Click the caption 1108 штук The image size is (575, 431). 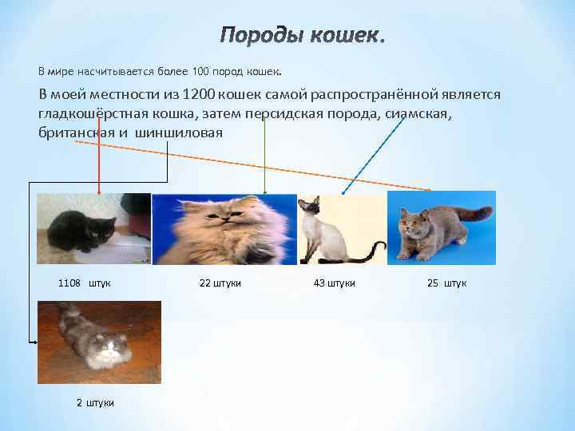[85, 283]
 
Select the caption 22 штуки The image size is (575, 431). [220, 283]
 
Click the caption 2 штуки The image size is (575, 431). [95, 402]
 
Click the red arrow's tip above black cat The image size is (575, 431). [99, 192]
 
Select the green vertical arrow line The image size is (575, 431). [265, 160]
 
